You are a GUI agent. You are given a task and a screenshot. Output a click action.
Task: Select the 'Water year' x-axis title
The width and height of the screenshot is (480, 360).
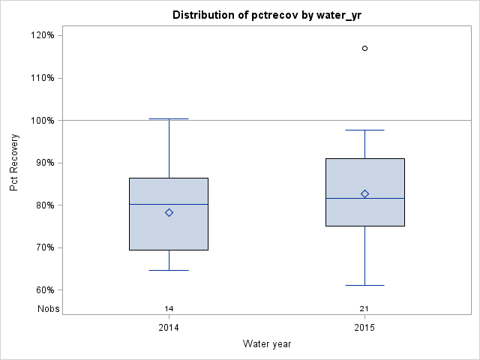coord(266,343)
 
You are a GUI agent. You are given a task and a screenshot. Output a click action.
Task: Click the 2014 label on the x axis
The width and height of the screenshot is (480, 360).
coord(169,328)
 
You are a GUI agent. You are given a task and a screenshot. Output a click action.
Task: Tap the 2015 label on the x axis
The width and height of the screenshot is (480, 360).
coord(364,328)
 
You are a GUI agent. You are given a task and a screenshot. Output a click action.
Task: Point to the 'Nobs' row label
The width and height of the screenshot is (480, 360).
coord(48,308)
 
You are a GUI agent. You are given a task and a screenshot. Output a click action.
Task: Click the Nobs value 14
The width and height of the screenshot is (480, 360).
coord(169,308)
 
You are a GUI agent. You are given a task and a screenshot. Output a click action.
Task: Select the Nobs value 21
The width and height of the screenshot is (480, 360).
coord(364,308)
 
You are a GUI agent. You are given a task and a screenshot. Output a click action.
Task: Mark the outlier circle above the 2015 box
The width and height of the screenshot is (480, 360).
coord(365,48)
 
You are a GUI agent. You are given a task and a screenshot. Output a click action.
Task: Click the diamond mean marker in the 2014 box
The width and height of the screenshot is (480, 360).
coord(169,212)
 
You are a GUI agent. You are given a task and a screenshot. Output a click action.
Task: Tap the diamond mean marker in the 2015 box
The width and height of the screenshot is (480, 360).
coord(365,193)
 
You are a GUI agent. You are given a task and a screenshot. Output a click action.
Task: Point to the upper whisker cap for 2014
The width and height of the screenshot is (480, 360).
coord(169,118)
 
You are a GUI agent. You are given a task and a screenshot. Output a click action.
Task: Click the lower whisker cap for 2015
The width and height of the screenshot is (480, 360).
coord(365,285)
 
